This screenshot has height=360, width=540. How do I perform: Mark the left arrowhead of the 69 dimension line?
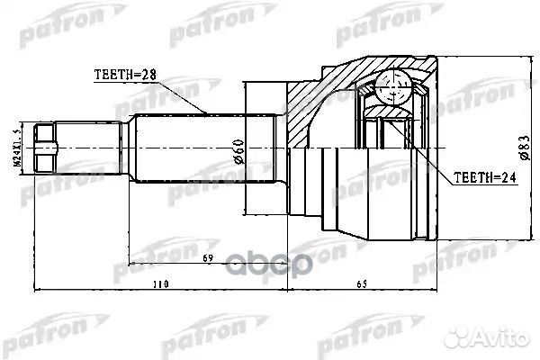pyautogui.click(x=131, y=265)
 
